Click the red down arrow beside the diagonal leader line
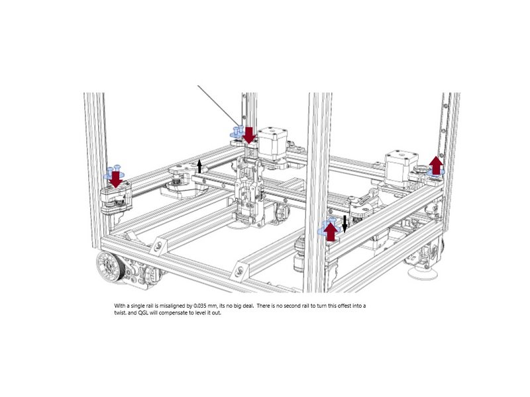[x=250, y=135]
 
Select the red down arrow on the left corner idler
[x=116, y=179]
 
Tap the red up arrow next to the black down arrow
[x=331, y=232]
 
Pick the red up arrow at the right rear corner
[x=437, y=165]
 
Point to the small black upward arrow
[x=199, y=167]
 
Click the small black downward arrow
[x=344, y=224]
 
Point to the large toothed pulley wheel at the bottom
[x=109, y=263]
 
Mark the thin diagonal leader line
[x=219, y=106]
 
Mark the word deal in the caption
[x=247, y=306]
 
